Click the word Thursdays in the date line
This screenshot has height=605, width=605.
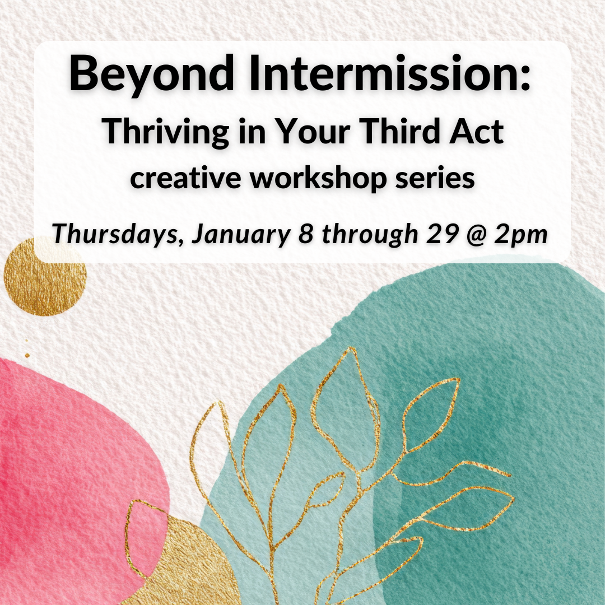click(117, 234)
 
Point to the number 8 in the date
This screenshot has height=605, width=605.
click(306, 234)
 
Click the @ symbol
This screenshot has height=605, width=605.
click(476, 235)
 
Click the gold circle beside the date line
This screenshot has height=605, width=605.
click(45, 276)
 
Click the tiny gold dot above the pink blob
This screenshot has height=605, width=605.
click(27, 355)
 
